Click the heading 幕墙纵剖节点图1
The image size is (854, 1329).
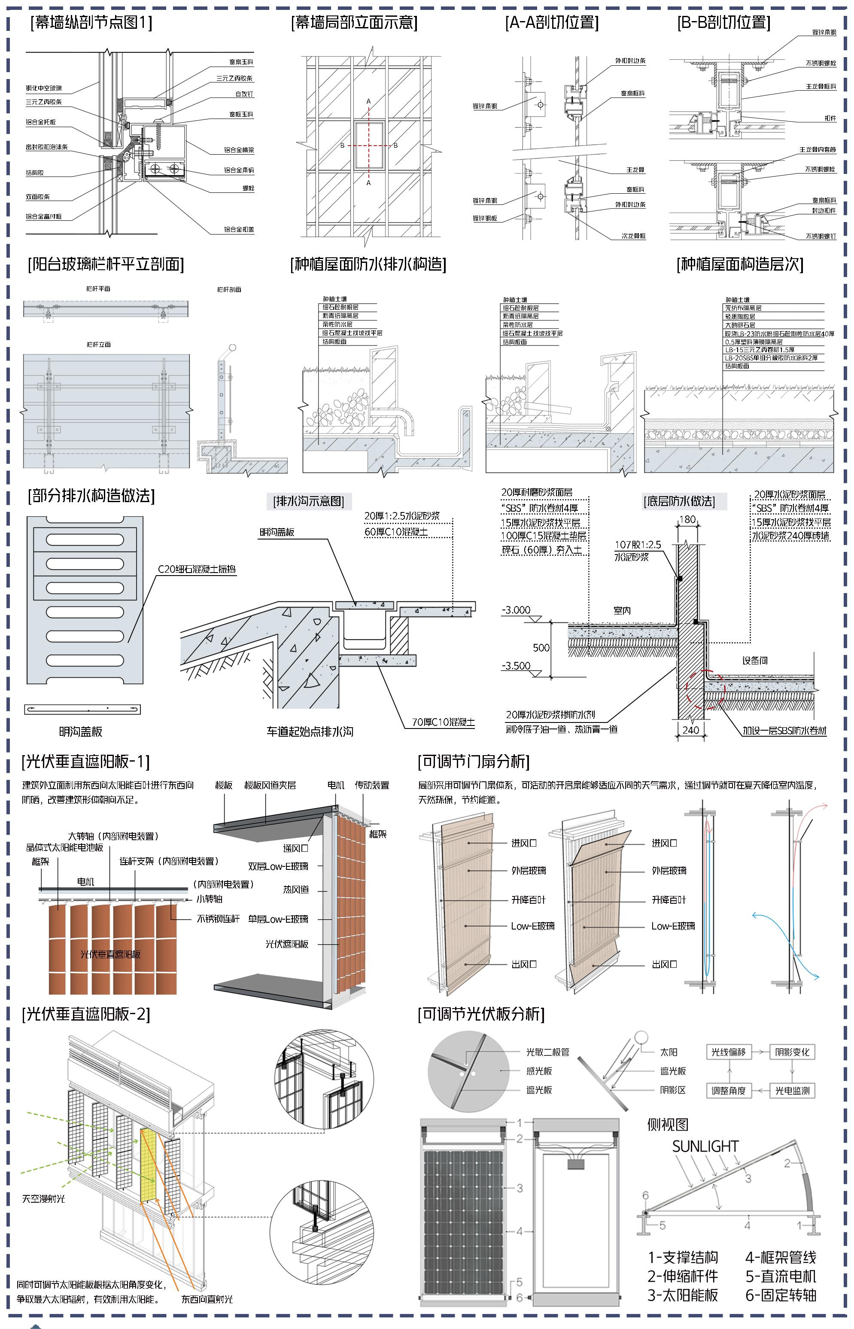[91, 22]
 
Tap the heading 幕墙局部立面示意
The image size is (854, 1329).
[354, 22]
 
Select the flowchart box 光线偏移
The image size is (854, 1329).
[728, 1052]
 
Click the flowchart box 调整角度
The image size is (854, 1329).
[728, 1091]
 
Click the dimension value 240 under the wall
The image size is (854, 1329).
[690, 730]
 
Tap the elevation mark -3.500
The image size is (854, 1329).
[516, 666]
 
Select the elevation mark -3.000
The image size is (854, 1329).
[516, 610]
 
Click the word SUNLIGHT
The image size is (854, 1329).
[705, 1146]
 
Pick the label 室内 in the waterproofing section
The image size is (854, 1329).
[622, 611]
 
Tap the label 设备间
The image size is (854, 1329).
[755, 661]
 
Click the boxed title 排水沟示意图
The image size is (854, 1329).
[309, 501]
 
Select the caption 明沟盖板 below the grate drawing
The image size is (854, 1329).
[81, 732]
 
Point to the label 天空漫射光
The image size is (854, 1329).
[43, 1199]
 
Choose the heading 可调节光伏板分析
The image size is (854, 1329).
[481, 1014]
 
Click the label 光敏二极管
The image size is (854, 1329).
[547, 1052]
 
